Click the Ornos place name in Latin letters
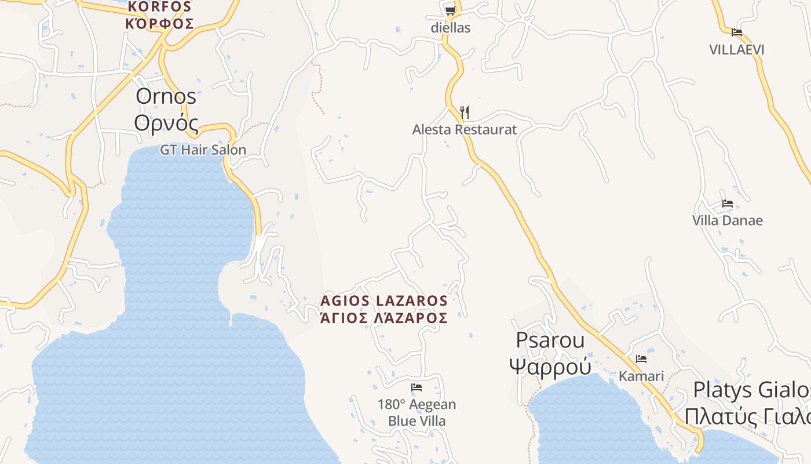coord(166,97)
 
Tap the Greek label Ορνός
coord(166,123)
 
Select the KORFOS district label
coord(159,7)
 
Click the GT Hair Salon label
coord(203,150)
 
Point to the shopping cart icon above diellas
coord(450,10)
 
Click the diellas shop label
coord(450,28)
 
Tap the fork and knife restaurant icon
coord(464,112)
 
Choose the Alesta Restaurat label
coord(464,130)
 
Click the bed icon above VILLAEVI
coord(736,32)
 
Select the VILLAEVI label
coord(737,50)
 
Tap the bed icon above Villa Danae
coord(728,204)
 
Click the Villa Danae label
coord(728,221)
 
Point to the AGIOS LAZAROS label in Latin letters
coord(384,301)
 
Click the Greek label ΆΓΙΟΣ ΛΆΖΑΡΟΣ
coord(384,318)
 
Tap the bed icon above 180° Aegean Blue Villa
coord(417,387)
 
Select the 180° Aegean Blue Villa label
coord(417,412)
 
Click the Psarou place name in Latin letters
coord(550,340)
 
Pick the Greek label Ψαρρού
coord(550,367)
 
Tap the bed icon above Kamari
coord(641,359)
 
